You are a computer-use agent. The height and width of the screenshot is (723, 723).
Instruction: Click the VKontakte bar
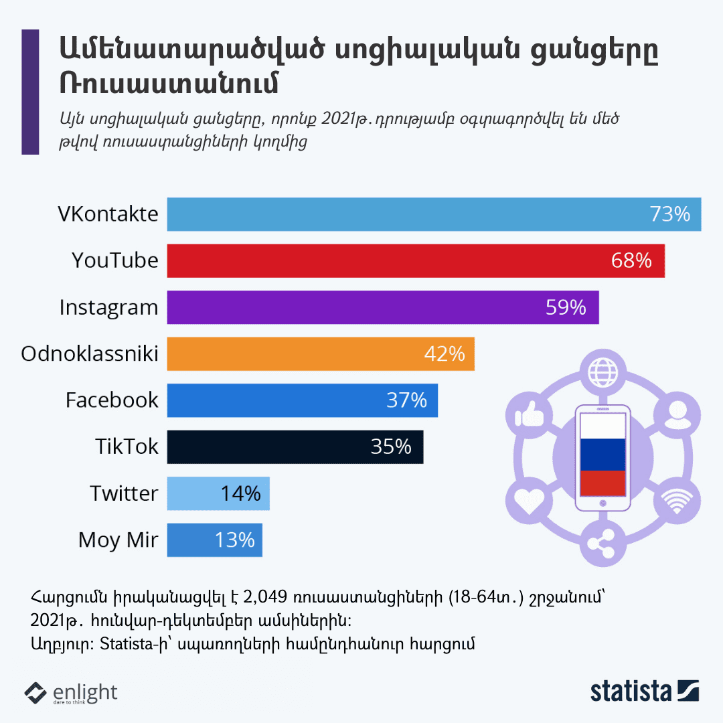click(x=402, y=214)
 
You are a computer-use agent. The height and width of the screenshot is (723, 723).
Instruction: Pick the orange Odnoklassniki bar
click(x=295, y=353)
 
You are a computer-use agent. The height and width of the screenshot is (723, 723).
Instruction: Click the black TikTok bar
click(x=268, y=447)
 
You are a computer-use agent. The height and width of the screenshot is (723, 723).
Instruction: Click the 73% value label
click(x=669, y=214)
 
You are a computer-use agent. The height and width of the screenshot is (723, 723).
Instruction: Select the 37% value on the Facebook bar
click(x=406, y=400)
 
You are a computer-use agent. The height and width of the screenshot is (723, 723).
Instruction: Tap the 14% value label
click(x=240, y=493)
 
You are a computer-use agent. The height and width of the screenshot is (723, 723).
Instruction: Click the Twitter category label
click(x=124, y=493)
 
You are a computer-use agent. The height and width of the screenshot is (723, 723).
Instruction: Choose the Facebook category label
click(x=112, y=400)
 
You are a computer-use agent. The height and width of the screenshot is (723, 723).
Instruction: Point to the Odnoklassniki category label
click(x=90, y=353)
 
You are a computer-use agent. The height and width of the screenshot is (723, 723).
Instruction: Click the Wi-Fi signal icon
click(x=675, y=501)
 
